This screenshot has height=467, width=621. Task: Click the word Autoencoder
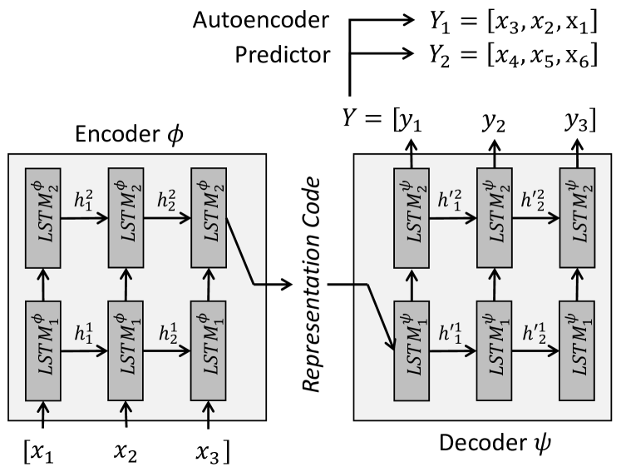click(260, 20)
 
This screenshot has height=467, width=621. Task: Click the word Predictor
click(283, 54)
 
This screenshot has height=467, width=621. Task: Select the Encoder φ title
click(129, 134)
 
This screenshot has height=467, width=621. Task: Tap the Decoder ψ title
click(495, 442)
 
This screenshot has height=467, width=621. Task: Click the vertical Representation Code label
click(311, 285)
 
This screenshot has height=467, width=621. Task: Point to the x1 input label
click(39, 452)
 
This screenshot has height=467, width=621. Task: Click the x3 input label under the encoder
click(212, 452)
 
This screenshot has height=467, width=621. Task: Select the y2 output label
click(494, 122)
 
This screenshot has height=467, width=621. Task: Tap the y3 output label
click(580, 121)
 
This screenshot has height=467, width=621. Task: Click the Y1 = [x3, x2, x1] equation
click(513, 22)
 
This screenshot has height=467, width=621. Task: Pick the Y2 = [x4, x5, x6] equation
click(513, 56)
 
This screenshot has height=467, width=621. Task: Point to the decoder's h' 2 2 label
click(533, 200)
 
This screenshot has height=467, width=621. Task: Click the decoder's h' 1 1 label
click(450, 334)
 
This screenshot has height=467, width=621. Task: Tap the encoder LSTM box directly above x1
click(42, 350)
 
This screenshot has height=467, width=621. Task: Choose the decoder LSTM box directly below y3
click(577, 218)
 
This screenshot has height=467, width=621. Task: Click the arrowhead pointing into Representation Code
click(287, 284)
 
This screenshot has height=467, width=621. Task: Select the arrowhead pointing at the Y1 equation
click(408, 19)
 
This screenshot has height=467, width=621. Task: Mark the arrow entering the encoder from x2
click(126, 415)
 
